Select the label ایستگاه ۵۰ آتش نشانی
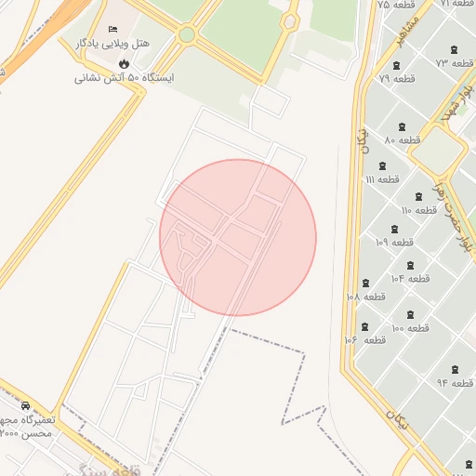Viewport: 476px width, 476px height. (x=118, y=78)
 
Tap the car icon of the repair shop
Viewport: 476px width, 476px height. (x=25, y=406)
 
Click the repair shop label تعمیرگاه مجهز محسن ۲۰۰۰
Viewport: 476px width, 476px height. (x=27, y=427)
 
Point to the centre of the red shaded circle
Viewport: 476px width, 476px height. (x=238, y=237)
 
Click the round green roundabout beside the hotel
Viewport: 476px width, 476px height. (x=187, y=35)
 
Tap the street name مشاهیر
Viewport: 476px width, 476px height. (x=413, y=29)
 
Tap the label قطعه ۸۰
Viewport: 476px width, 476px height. (x=402, y=139)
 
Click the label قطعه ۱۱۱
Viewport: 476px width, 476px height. (x=382, y=178)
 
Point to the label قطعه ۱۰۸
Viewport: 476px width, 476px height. (x=365, y=296)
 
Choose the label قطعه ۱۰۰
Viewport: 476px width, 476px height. (x=409, y=328)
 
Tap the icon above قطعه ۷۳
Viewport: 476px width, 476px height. (x=453, y=50)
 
